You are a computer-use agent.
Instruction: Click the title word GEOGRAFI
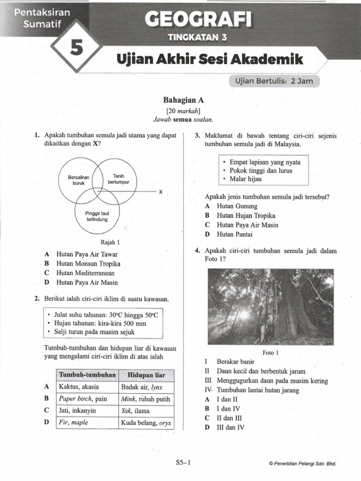coord(198,20)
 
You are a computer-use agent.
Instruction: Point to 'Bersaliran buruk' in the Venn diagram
coord(78,180)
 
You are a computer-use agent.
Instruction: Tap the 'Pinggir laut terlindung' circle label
coord(97,217)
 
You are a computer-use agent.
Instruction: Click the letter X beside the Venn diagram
coord(160,192)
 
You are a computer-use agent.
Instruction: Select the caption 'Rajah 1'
coord(110,242)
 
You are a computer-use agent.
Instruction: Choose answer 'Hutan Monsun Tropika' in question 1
coord(88,264)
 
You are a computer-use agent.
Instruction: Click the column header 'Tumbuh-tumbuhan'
coord(87,375)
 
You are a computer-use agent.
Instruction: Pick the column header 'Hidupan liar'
coord(146,375)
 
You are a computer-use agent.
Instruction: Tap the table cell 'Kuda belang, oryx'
coord(146,422)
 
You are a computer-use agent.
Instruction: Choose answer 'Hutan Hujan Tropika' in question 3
coord(246,216)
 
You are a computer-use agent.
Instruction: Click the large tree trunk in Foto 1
coord(290,310)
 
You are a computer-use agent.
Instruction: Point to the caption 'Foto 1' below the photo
coord(271,352)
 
